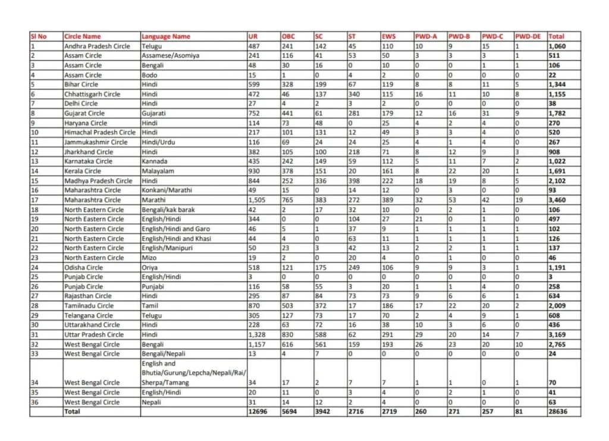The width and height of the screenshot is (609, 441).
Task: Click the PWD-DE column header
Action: point(528,36)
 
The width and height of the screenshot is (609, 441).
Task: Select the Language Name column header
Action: point(166,36)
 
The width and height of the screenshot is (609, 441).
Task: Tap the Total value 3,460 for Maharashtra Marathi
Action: point(558,200)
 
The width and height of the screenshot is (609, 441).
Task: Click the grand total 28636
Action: point(558,412)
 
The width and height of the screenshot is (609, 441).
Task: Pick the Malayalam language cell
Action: point(157,171)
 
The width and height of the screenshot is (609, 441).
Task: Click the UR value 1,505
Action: point(258,200)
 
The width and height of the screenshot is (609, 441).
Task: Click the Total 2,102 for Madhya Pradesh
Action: point(558,181)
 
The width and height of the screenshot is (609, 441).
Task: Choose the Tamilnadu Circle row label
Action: point(89,306)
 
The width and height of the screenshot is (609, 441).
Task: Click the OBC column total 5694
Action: point(288,412)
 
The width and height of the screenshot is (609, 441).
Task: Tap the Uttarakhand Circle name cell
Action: point(90,325)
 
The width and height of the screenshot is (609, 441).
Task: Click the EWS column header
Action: point(388,36)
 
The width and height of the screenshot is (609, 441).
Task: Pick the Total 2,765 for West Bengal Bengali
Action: point(558,344)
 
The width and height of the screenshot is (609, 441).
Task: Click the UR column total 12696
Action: point(258,412)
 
